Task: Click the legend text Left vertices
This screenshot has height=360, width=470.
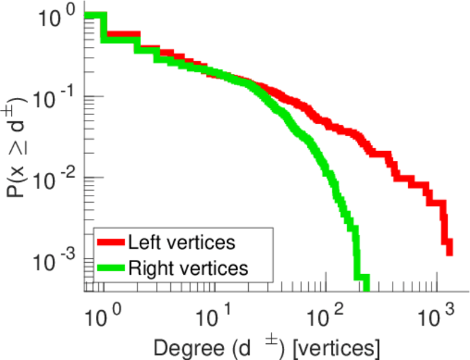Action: (182, 243)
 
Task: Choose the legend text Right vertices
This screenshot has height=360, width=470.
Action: (188, 268)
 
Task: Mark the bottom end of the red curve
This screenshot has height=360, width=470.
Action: (448, 252)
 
